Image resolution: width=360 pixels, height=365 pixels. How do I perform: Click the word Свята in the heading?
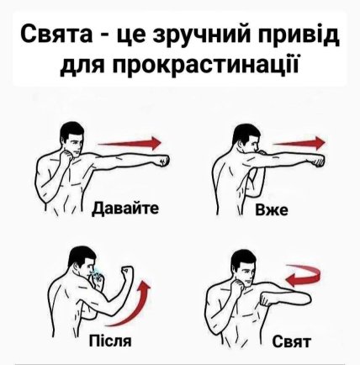coord(56,34)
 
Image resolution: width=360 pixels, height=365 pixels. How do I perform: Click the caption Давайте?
coord(126,208)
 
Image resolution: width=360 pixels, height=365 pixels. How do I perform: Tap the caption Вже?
coord(271,209)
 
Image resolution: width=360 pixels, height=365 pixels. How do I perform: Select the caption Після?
coord(110,341)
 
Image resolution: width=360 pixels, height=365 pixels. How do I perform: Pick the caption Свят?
coord(292,341)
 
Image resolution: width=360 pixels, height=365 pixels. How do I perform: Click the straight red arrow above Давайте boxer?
coord(130,143)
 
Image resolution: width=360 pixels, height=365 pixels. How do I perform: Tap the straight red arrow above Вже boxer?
coord(299,143)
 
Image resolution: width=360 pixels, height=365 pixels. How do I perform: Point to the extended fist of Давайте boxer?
coord(163,161)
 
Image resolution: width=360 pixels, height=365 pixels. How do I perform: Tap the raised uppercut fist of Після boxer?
coord(127,272)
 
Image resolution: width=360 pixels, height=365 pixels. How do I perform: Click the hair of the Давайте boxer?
coord(71,130)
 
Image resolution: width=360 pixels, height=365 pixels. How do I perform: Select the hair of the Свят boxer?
coord(243,258)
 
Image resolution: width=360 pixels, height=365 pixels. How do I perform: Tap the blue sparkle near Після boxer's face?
coord(96,273)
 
